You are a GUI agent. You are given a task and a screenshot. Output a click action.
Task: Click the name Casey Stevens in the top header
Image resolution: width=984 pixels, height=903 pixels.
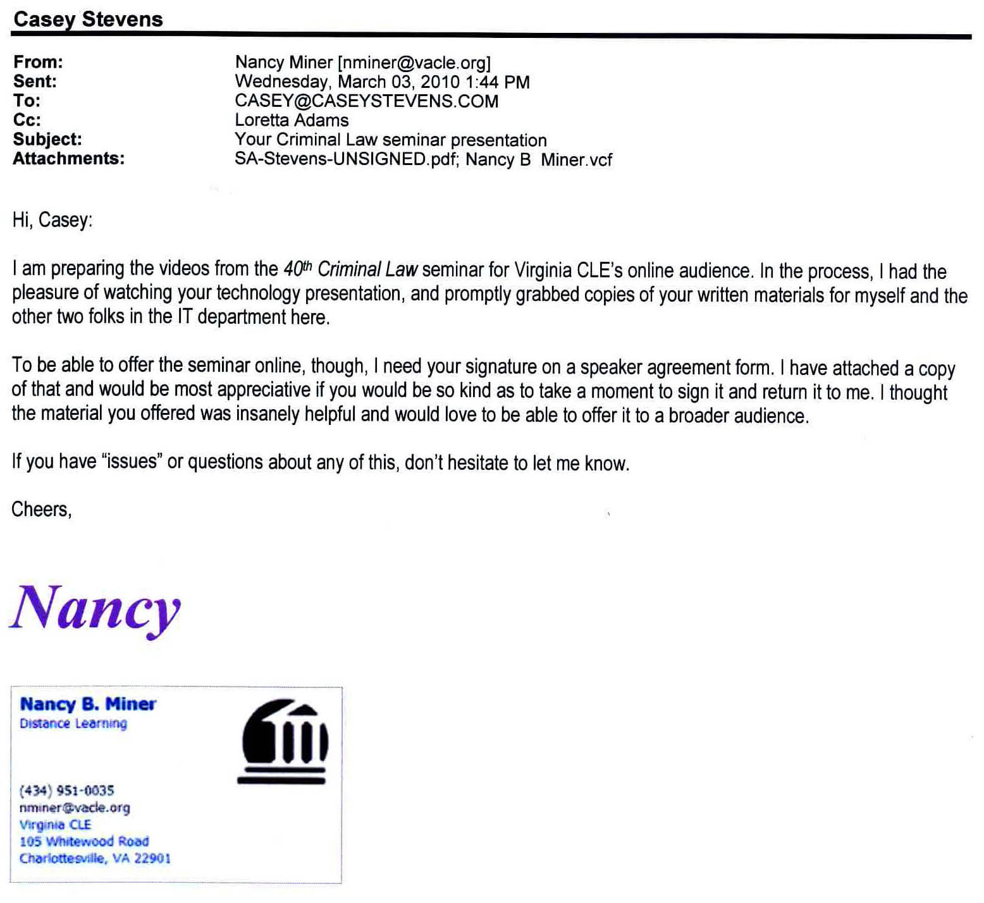tap(88, 19)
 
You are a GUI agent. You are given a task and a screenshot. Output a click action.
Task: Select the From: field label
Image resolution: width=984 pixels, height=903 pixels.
tap(38, 62)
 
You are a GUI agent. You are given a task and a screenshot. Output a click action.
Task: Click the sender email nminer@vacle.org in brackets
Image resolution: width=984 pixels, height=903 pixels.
tap(414, 63)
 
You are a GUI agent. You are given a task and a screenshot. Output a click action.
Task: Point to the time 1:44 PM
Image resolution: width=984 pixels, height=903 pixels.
tap(498, 82)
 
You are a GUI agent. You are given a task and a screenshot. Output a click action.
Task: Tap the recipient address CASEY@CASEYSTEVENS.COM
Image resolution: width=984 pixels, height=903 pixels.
tap(366, 101)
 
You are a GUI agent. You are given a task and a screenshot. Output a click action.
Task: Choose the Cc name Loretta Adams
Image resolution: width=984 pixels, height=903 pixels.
tap(292, 120)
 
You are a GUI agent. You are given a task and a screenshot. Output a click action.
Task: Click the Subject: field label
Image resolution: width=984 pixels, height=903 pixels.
tap(47, 139)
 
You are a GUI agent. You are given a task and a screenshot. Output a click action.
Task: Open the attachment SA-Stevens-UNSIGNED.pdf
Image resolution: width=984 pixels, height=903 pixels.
tap(345, 159)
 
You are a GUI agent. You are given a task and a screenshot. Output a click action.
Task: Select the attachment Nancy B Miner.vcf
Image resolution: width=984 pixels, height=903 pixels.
tap(539, 159)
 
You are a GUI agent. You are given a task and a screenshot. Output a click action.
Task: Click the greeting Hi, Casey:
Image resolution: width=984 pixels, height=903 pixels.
tap(52, 220)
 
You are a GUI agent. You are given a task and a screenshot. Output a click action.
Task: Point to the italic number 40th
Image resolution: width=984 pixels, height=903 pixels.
tap(298, 269)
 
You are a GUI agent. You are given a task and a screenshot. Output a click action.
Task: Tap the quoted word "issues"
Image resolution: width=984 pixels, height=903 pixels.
tap(132, 462)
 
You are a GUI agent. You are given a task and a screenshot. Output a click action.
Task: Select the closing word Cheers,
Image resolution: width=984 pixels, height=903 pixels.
tap(42, 509)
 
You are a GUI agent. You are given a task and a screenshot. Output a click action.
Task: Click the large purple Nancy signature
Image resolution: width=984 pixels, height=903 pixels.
tap(95, 608)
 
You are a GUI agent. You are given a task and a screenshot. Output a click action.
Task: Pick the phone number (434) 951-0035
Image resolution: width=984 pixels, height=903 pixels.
tap(67, 790)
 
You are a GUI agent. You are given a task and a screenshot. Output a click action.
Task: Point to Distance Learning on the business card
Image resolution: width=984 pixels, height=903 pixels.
tap(73, 723)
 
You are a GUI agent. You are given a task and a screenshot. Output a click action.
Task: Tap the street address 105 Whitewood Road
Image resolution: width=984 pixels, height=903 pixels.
tap(84, 842)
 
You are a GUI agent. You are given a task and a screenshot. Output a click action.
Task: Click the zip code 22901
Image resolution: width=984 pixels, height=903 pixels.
tap(152, 859)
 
